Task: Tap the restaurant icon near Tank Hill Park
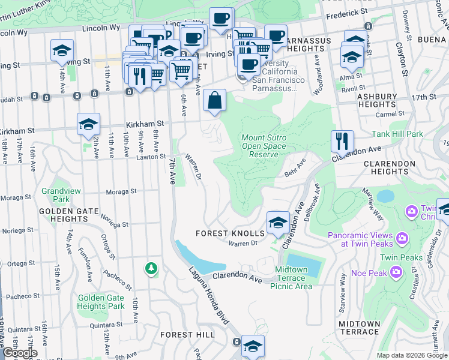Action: (342, 142)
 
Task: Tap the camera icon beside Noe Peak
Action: (396, 272)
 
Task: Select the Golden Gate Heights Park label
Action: (100, 302)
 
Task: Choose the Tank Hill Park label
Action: (398, 134)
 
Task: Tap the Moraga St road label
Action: (121, 192)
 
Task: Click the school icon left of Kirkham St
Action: (88, 124)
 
